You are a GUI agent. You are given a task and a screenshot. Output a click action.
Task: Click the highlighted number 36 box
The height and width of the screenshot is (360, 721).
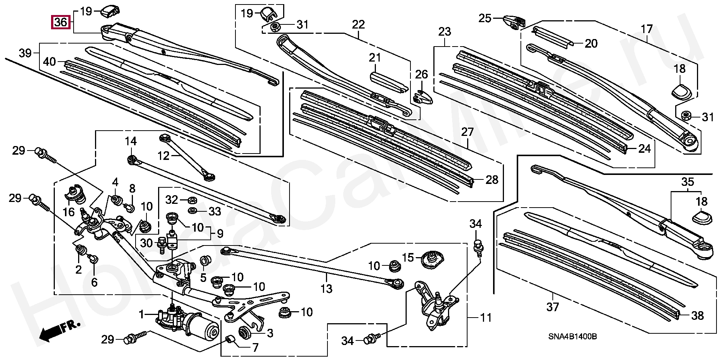[60, 22]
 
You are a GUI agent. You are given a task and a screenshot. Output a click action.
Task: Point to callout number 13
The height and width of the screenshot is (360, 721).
[326, 289]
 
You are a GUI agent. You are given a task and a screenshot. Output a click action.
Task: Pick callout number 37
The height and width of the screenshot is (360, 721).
[552, 307]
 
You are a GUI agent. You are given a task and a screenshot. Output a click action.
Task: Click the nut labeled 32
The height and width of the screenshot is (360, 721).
[191, 199]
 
